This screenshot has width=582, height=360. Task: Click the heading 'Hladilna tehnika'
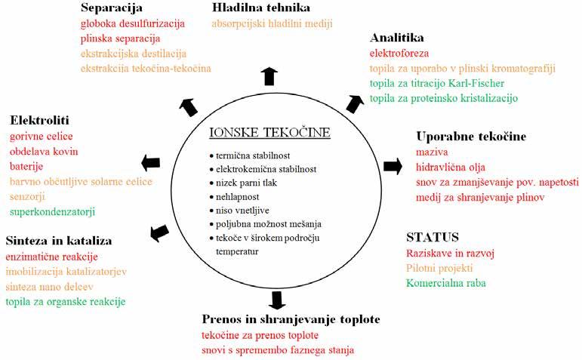[262, 8]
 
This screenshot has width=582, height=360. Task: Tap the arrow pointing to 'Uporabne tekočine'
[393, 166]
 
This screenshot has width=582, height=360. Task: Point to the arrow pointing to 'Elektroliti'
[151, 162]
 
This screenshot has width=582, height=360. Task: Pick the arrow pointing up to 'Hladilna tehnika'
[269, 75]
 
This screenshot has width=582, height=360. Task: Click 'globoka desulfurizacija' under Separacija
[132, 23]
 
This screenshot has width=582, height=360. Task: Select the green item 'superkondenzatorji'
[52, 211]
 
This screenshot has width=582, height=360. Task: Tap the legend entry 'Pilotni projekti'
[439, 268]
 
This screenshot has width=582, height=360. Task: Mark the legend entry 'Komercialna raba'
[446, 283]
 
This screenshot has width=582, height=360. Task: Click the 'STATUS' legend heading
[432, 237]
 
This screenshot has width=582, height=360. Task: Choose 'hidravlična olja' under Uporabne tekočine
[451, 167]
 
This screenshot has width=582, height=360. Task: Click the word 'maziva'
[430, 152]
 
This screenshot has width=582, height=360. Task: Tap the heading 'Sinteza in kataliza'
[59, 241]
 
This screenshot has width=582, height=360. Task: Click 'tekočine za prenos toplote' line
[260, 334]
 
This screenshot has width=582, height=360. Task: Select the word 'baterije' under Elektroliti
[26, 166]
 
